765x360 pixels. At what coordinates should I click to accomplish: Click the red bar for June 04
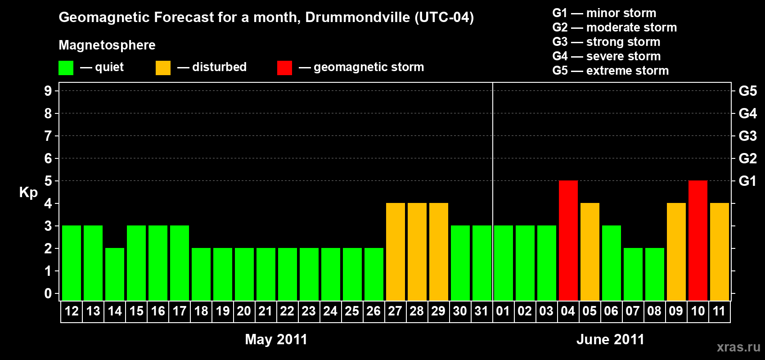pos(568,240)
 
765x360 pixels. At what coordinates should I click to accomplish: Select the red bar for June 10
pos(698,240)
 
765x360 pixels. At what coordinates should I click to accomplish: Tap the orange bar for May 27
pos(396,252)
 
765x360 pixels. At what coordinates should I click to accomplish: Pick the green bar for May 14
pos(115,274)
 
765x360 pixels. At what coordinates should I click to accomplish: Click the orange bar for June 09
pos(676,252)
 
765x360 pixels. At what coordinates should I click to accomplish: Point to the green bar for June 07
pos(633,274)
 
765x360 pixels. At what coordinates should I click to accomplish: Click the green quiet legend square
pos(66,68)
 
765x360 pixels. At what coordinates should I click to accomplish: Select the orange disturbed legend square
pos(163,68)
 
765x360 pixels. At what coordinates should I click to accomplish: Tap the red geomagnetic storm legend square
pos(284,68)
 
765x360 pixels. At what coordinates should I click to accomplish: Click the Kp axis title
pos(28,193)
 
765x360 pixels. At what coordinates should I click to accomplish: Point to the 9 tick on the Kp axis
pos(48,91)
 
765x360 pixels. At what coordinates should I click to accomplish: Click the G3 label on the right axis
pos(747,136)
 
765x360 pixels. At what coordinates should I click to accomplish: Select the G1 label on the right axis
pos(747,181)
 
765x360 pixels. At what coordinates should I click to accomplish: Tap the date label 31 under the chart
pos(481,311)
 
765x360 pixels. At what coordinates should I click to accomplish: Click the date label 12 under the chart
pos(72,311)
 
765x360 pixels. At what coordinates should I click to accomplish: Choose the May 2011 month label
pos(276,339)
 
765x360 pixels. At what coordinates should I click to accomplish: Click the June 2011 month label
pos(610,339)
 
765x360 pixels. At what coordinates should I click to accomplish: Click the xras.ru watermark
pos(738,347)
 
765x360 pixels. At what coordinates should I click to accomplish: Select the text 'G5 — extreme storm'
pos(610,71)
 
